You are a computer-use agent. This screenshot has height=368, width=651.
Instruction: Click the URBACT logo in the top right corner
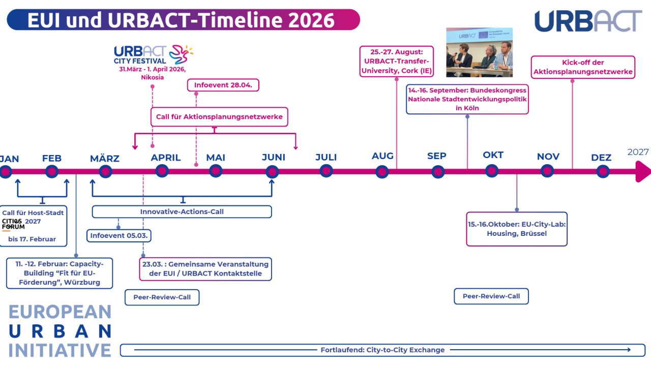click(x=588, y=21)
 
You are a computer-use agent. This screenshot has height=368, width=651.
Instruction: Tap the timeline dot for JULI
click(x=327, y=171)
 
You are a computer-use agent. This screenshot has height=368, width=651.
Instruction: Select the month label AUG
click(x=382, y=156)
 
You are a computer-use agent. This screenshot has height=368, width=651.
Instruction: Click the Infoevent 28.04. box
click(x=223, y=85)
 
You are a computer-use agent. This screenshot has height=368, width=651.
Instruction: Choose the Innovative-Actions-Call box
click(x=182, y=211)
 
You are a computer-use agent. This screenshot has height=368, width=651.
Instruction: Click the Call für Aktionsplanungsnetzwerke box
click(x=219, y=117)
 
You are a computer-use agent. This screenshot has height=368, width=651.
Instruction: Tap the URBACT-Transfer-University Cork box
click(x=397, y=61)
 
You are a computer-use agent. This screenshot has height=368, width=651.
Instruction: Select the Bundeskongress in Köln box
click(x=467, y=99)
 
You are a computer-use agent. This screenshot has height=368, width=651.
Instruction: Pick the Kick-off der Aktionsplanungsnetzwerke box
click(x=583, y=67)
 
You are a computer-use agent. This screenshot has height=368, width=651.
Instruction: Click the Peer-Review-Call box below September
click(x=491, y=296)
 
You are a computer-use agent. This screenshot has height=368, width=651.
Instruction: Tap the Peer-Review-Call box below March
click(x=162, y=297)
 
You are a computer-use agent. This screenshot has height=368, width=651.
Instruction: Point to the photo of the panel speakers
click(x=479, y=52)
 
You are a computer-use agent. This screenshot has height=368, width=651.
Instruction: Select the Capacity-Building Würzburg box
click(x=60, y=273)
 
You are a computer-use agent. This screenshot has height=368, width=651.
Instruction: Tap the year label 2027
click(x=638, y=152)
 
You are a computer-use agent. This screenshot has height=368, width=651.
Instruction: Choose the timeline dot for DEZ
click(x=603, y=171)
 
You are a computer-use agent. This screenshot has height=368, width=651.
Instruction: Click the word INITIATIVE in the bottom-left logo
click(x=60, y=350)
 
